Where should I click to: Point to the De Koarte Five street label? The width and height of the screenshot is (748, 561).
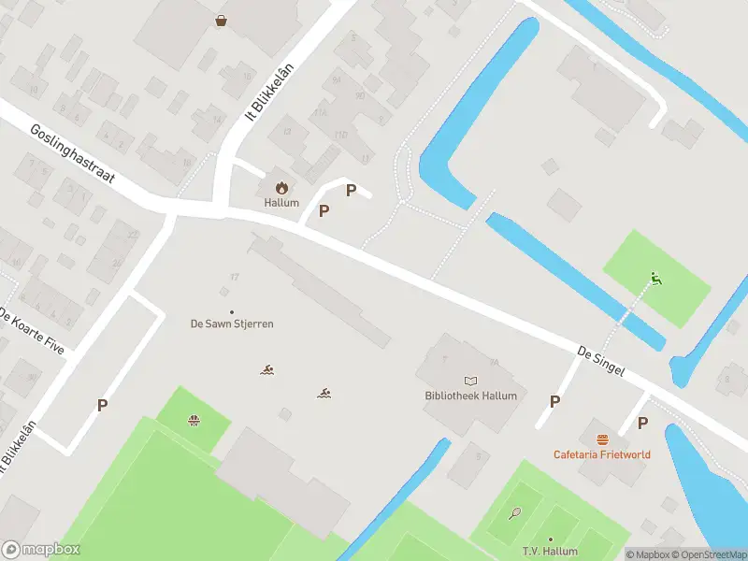coord(32,330)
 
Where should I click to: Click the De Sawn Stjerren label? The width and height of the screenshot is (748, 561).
coord(232,324)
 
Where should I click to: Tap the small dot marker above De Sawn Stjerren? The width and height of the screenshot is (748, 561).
coord(232,311)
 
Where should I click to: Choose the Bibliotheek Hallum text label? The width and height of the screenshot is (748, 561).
coord(470,396)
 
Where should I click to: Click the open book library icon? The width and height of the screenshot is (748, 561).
coord(470,381)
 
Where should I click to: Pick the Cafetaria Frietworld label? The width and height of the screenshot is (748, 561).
coord(601,454)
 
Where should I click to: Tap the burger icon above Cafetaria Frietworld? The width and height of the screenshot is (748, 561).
coord(602,439)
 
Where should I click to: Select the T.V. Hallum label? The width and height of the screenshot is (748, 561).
coord(550,553)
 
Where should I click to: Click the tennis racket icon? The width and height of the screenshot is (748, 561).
coord(515,512)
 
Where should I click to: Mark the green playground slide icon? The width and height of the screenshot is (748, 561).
coord(656,278)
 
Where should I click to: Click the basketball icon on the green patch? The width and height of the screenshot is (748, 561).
coord(194,420)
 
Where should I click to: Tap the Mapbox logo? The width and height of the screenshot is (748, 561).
coord(41,550)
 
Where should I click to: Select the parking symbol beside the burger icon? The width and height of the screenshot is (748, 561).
coord(642,423)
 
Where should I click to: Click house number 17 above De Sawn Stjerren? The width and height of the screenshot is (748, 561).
coord(235,277)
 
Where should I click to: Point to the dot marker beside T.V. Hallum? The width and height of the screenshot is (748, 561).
coord(550,539)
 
